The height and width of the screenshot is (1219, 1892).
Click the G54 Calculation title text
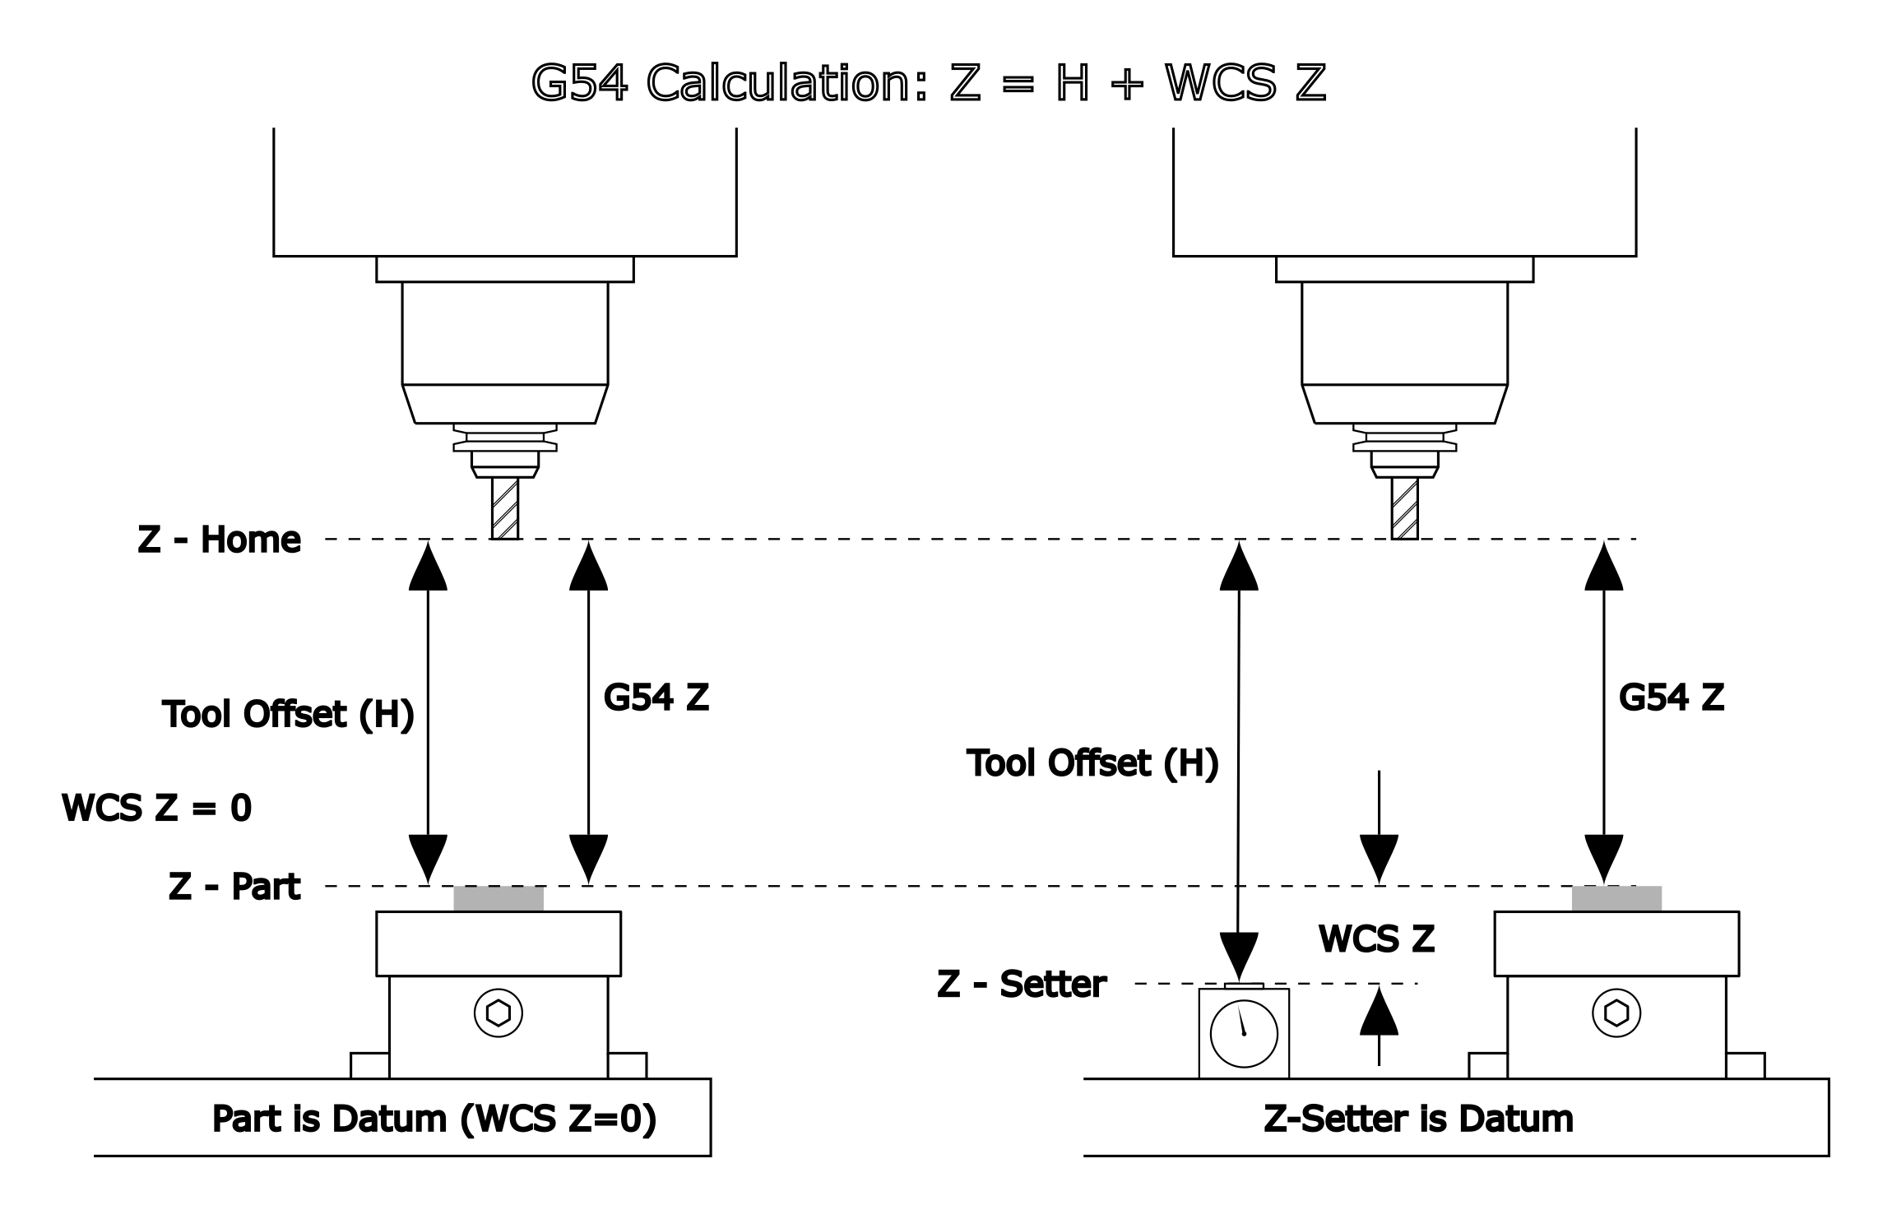[928, 83]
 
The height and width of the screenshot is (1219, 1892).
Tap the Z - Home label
[219, 540]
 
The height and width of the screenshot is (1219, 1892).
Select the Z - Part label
[234, 887]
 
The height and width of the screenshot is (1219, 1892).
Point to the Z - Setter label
[1022, 985]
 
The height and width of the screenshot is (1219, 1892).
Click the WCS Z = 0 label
[156, 809]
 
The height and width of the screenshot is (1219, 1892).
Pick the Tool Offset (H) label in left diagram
[287, 714]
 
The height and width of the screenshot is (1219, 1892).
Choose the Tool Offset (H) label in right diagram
[1092, 763]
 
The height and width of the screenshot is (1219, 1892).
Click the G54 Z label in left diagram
[656, 698]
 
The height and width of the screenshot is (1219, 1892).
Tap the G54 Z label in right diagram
[1671, 698]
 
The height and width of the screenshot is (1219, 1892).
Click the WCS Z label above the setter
[1376, 939]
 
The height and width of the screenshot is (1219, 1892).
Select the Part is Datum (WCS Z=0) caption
[434, 1119]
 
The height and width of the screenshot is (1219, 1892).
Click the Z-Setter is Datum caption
[1418, 1119]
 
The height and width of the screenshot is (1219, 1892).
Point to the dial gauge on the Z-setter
[1244, 1033]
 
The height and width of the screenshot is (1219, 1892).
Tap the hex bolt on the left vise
[499, 1013]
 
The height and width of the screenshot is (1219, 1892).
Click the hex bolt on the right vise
[1616, 1013]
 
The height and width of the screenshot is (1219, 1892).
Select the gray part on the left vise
[499, 898]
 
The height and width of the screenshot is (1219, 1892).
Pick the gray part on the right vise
[1616, 898]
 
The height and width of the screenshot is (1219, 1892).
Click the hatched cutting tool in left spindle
[505, 508]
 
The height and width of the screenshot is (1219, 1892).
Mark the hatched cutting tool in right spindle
[1405, 508]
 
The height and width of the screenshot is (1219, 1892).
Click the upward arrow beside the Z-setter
[1379, 1024]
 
